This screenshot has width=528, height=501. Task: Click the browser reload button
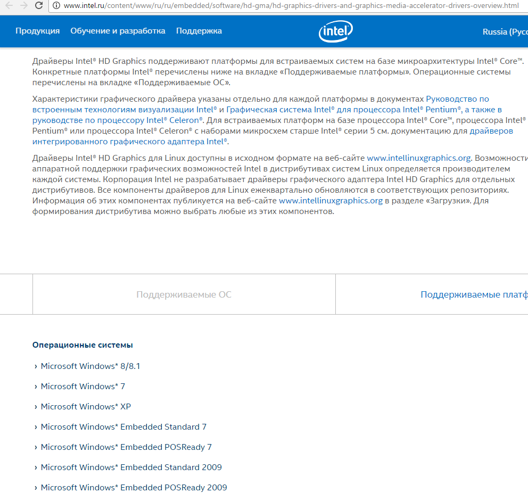pos(39,6)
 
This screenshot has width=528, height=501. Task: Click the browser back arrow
pos(9,6)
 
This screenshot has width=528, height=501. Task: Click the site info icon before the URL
pos(56,6)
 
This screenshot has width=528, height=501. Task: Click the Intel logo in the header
pos(336,32)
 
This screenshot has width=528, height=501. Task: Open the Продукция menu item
pos(37,31)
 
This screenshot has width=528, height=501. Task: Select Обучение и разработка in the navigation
pos(118,31)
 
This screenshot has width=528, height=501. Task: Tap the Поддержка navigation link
pos(199,31)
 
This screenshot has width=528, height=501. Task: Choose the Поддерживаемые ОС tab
pos(184,294)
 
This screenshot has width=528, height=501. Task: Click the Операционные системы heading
pos(82,345)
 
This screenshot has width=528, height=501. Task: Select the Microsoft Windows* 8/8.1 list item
pos(90,366)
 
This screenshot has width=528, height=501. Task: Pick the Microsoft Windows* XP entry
pos(86,407)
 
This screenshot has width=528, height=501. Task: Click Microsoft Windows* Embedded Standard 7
pos(123,427)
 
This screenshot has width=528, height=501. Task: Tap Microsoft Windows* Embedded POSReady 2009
pos(134,488)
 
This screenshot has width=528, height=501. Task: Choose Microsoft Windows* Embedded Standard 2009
pos(131,467)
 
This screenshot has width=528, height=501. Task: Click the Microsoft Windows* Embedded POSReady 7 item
pos(126,447)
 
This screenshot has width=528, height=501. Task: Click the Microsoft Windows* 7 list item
pos(83,387)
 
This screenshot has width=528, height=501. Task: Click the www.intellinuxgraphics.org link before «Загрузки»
pos(331,201)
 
